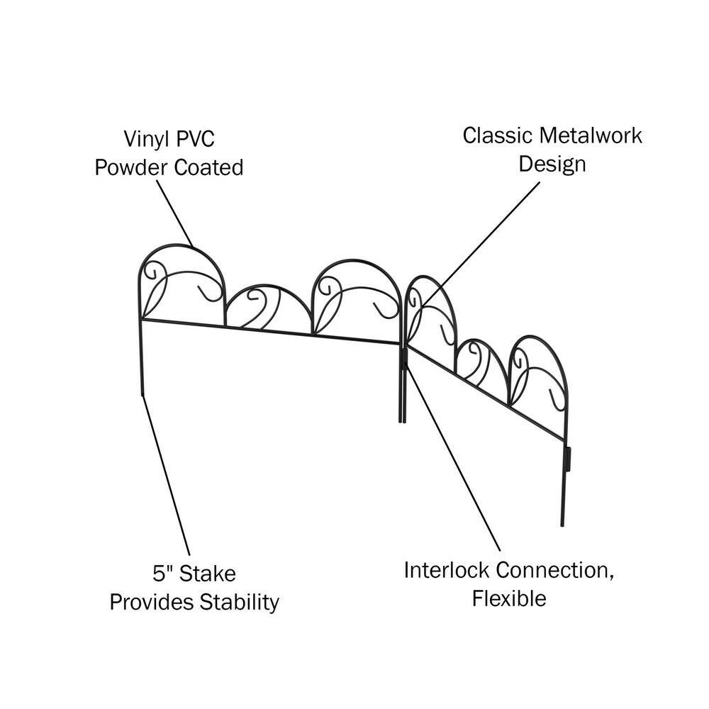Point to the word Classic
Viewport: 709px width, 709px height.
(497, 135)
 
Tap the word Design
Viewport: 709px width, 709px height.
(552, 164)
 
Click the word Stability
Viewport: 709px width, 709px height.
(238, 603)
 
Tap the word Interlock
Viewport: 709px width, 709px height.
(447, 570)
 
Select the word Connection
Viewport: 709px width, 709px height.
(554, 570)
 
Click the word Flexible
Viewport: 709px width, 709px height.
(509, 599)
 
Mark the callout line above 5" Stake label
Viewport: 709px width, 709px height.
(166, 475)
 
